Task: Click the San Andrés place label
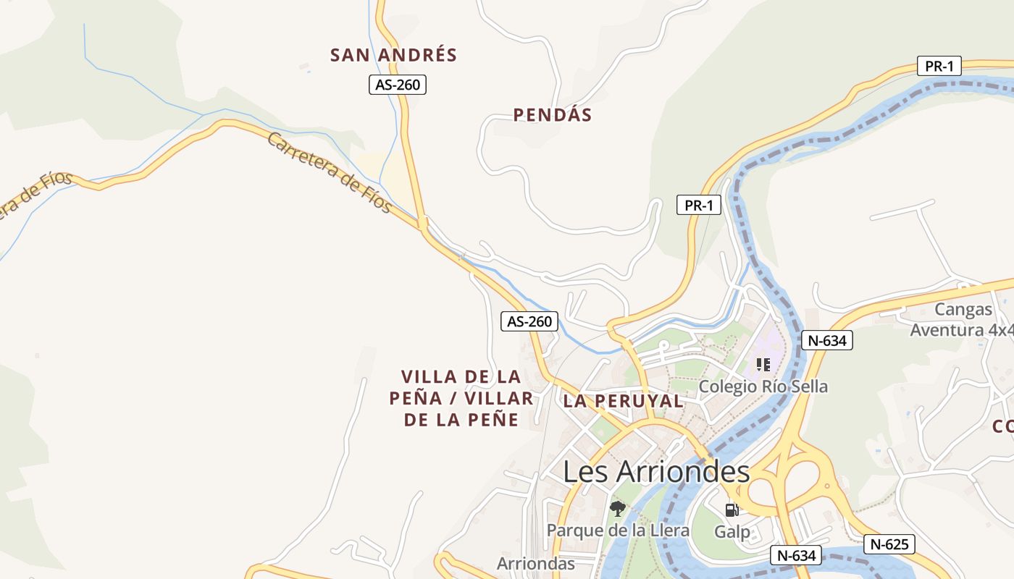(x=393, y=55)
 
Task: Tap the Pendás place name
(x=553, y=114)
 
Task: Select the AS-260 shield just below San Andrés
(x=397, y=85)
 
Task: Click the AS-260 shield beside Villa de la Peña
(x=530, y=321)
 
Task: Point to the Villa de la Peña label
(x=461, y=397)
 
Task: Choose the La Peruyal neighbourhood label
(x=623, y=401)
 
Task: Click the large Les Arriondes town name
(x=656, y=472)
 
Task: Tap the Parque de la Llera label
(x=618, y=530)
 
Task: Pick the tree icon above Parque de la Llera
(x=617, y=508)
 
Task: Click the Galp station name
(x=732, y=532)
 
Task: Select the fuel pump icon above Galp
(x=732, y=510)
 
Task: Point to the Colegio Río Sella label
(x=763, y=386)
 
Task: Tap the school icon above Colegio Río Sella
(x=763, y=364)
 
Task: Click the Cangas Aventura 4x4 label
(x=963, y=320)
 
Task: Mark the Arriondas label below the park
(x=536, y=563)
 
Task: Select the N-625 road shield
(x=889, y=544)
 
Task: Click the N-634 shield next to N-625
(x=796, y=555)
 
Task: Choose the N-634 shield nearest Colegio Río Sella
(x=827, y=340)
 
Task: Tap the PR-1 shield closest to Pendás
(x=699, y=205)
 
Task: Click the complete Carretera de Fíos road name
(x=330, y=173)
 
